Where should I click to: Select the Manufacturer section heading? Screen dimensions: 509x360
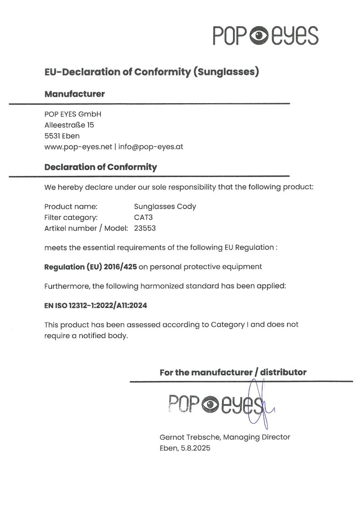pyautogui.click(x=74, y=94)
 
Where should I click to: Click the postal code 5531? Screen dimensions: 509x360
pyautogui.click(x=53, y=136)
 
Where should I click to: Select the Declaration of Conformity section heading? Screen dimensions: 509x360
pyautogui.click(x=100, y=167)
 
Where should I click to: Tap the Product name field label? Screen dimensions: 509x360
pyautogui.click(x=71, y=206)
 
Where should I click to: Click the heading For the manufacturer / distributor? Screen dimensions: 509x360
pyautogui.click(x=233, y=372)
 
